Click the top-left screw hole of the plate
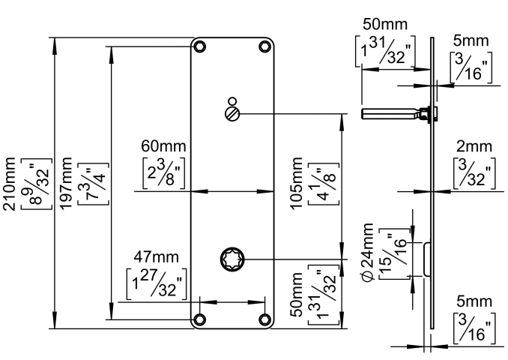click(200, 46)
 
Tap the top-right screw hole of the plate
click(264, 46)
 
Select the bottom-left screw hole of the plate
click(200, 320)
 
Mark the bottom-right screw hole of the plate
click(264, 320)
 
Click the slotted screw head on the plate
click(232, 114)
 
